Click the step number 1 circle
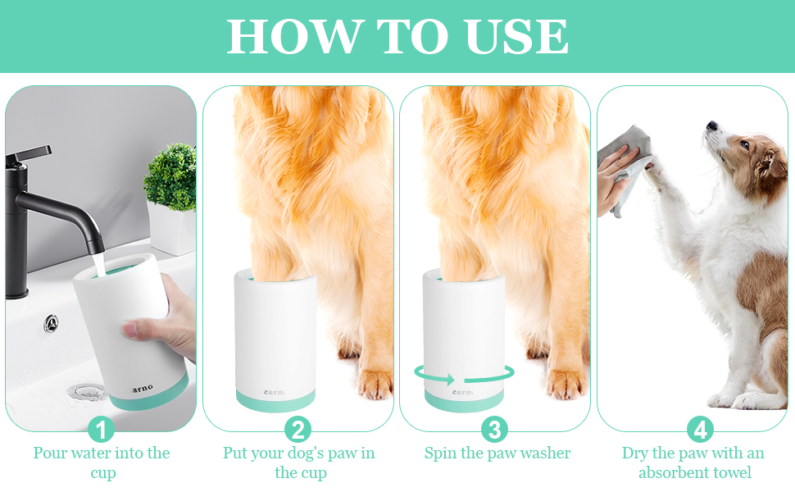[102, 430]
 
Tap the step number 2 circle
[298, 430]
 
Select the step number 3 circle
[495, 430]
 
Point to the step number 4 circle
[700, 430]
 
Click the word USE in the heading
[518, 37]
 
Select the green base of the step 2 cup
[275, 399]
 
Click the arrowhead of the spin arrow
[447, 380]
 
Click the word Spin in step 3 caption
[441, 453]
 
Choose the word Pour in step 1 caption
[49, 453]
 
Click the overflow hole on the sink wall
[51, 323]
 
